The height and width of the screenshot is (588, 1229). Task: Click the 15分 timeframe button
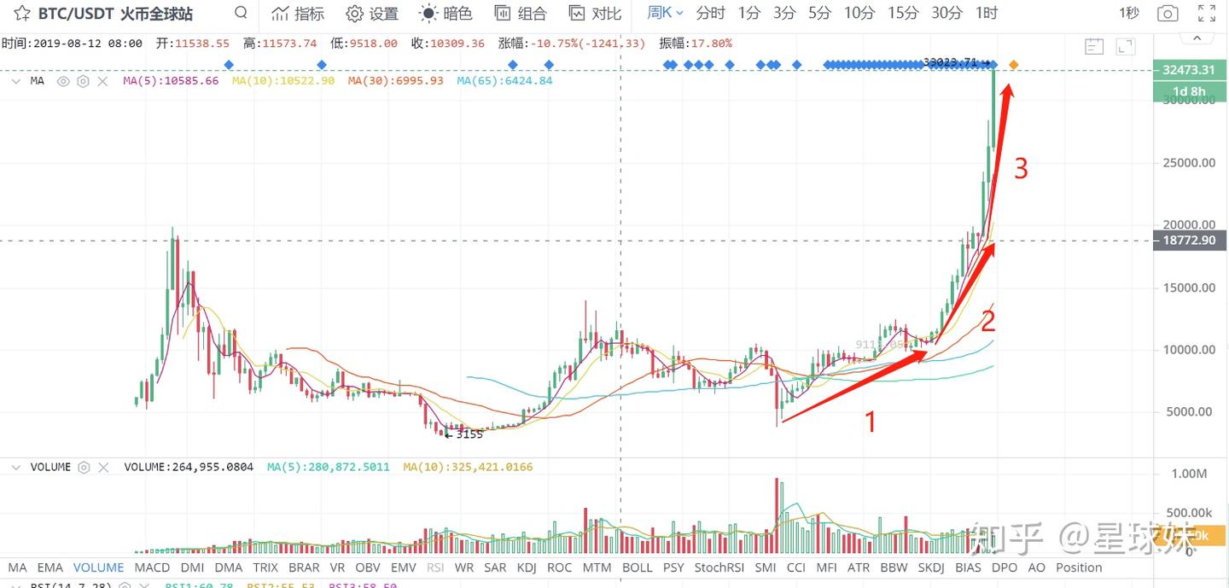[x=902, y=13]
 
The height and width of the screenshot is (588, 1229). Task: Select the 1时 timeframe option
[x=986, y=13]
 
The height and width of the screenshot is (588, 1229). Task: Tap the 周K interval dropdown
[x=665, y=13]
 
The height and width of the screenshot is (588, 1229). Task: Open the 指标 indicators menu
[x=298, y=14]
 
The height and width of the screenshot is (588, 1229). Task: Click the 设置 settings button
[x=373, y=14]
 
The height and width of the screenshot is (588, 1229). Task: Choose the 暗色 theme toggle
[x=446, y=14]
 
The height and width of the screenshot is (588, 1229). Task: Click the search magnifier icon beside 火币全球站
[x=241, y=13]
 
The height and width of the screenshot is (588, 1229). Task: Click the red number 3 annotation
[x=1021, y=169]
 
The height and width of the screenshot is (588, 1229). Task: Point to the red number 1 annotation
[x=871, y=421]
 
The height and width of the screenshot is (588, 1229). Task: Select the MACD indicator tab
[x=152, y=568]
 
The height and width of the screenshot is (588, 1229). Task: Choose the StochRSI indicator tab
[x=719, y=568]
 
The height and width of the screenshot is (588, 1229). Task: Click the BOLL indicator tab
[x=637, y=568]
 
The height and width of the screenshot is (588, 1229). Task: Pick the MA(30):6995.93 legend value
[x=396, y=81]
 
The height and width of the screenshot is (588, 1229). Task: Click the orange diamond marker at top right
[x=1013, y=65]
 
